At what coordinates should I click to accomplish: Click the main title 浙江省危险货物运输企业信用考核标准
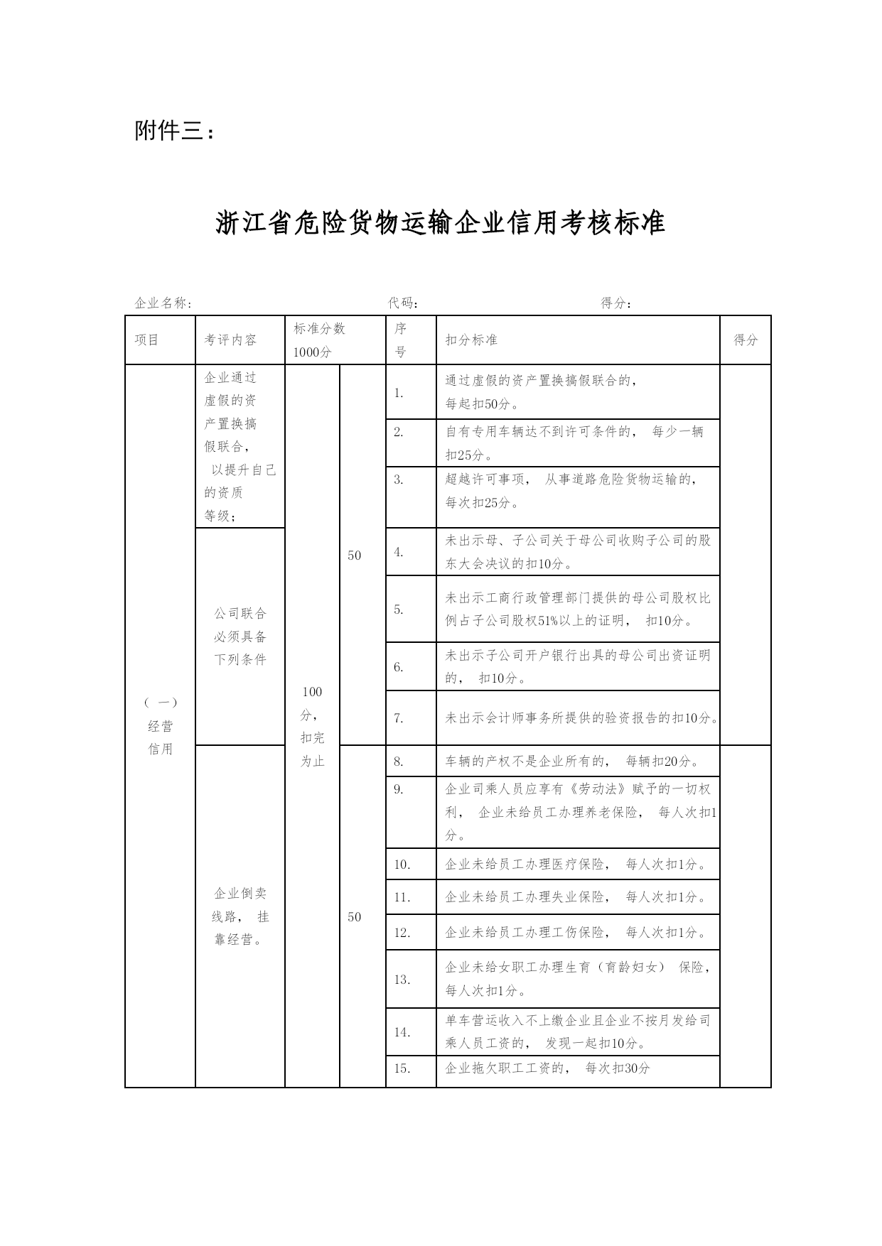pos(441,223)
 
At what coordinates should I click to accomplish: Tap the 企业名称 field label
pos(163,303)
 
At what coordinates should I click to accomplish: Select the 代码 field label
pos(403,303)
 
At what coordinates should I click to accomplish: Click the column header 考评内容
pos(231,340)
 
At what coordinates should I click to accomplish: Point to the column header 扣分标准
pos(471,340)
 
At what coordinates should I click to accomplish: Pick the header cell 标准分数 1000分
pos(320,340)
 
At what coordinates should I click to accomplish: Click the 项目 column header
pos(147,340)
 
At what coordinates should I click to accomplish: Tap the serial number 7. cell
pos(399,718)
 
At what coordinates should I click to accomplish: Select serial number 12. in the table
pos(402,932)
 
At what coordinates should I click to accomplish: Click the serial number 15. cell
pos(402,1068)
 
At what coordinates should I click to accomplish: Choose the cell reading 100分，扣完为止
pos(312,726)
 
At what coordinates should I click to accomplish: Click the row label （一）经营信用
pos(161,726)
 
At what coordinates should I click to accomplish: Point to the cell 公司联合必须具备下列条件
pos(240,636)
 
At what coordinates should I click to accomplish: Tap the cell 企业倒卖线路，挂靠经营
pos(240,916)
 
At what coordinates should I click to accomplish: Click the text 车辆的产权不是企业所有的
pos(525,762)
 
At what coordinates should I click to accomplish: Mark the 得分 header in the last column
pos(746,340)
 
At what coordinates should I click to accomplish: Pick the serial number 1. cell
pos(399,393)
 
